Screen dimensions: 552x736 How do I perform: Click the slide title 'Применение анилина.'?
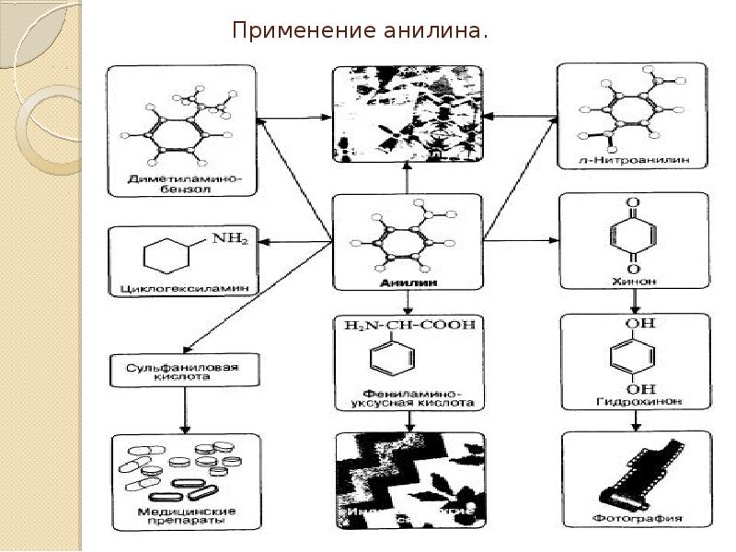(360, 32)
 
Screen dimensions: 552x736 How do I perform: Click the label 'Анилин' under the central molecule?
(406, 284)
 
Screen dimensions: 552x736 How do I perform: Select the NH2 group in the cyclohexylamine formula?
(229, 239)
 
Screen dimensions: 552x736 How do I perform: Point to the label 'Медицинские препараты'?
(186, 515)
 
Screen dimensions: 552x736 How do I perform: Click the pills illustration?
(184, 466)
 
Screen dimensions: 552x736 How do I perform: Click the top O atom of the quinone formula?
(633, 203)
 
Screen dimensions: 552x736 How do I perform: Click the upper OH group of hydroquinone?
(633, 324)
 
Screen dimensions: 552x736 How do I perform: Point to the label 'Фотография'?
(636, 517)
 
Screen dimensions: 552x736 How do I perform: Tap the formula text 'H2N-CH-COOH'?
(410, 326)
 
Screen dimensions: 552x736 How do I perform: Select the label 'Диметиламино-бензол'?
(185, 181)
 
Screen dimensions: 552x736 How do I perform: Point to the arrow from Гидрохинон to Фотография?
(635, 421)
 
